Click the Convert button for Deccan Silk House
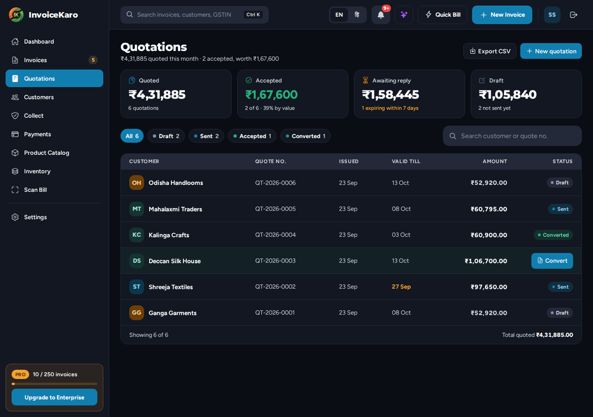pos(552,261)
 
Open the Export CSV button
pos(490,51)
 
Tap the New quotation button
pos(551,51)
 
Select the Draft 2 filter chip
pos(166,136)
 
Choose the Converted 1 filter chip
pos(305,136)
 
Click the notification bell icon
pos(381,15)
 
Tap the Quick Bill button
pos(442,15)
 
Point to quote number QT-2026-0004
pos(275,235)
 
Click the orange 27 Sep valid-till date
pos(401,287)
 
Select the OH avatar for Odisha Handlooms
pos(137,183)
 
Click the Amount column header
pos(494,161)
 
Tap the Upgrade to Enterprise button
pos(54,397)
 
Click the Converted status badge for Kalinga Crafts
pos(553,235)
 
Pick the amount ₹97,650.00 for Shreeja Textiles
pos(489,287)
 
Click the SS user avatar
pos(552,15)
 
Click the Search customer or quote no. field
pos(512,136)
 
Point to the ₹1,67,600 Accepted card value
pos(271,95)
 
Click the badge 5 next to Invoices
pos(93,60)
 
